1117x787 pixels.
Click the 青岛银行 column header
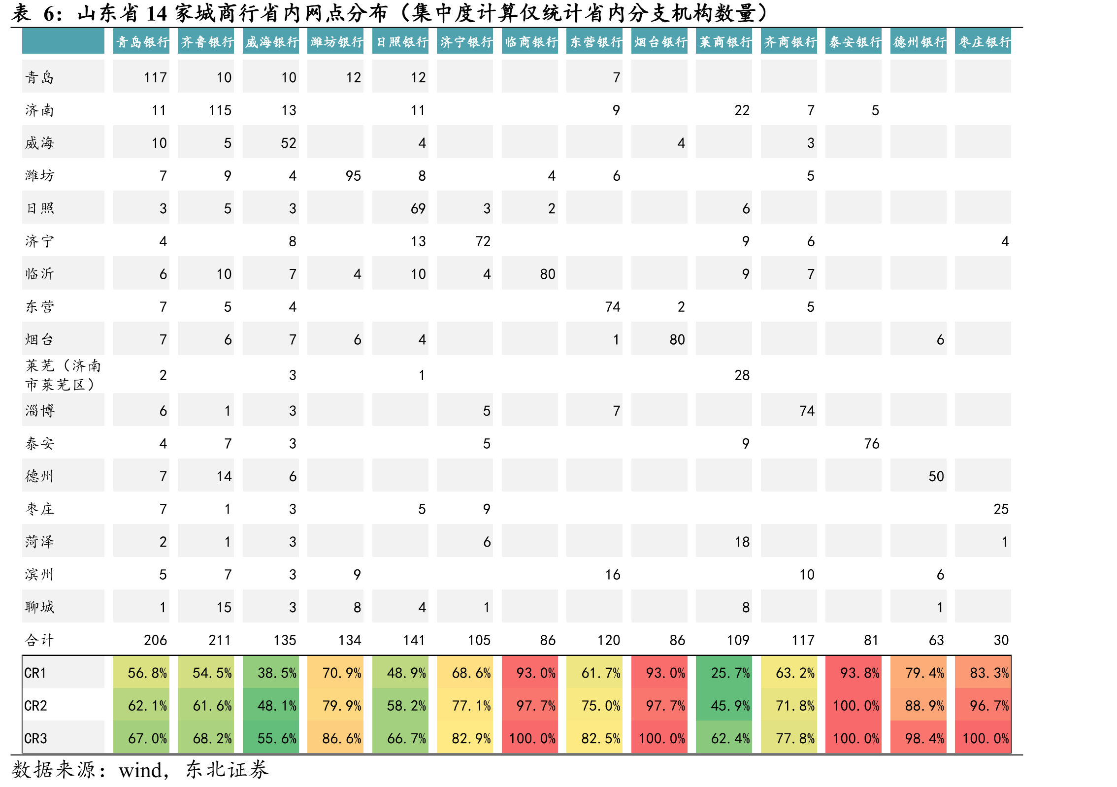click(x=142, y=42)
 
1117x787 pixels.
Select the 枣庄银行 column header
click(x=984, y=42)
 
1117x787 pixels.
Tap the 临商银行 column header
click(x=531, y=42)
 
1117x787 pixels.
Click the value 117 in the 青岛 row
click(x=155, y=77)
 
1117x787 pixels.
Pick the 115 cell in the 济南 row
click(x=220, y=110)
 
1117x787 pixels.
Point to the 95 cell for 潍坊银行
click(x=353, y=176)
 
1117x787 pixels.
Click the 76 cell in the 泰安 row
click(x=872, y=444)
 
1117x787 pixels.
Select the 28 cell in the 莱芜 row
click(x=742, y=375)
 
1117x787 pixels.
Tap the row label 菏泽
click(x=39, y=542)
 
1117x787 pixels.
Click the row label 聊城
click(x=39, y=607)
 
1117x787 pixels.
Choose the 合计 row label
click(x=39, y=640)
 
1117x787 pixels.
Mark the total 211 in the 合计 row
click(x=220, y=640)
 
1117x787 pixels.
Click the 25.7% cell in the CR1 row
click(x=730, y=673)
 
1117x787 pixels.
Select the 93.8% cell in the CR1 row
click(x=860, y=673)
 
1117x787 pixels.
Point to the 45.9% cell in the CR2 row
click(x=730, y=706)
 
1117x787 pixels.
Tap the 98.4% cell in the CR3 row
click(x=924, y=738)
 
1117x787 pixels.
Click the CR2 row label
click(x=35, y=706)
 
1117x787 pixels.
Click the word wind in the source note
click(x=140, y=770)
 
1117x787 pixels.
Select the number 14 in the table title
click(x=157, y=13)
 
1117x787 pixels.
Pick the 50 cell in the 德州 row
click(x=936, y=476)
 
